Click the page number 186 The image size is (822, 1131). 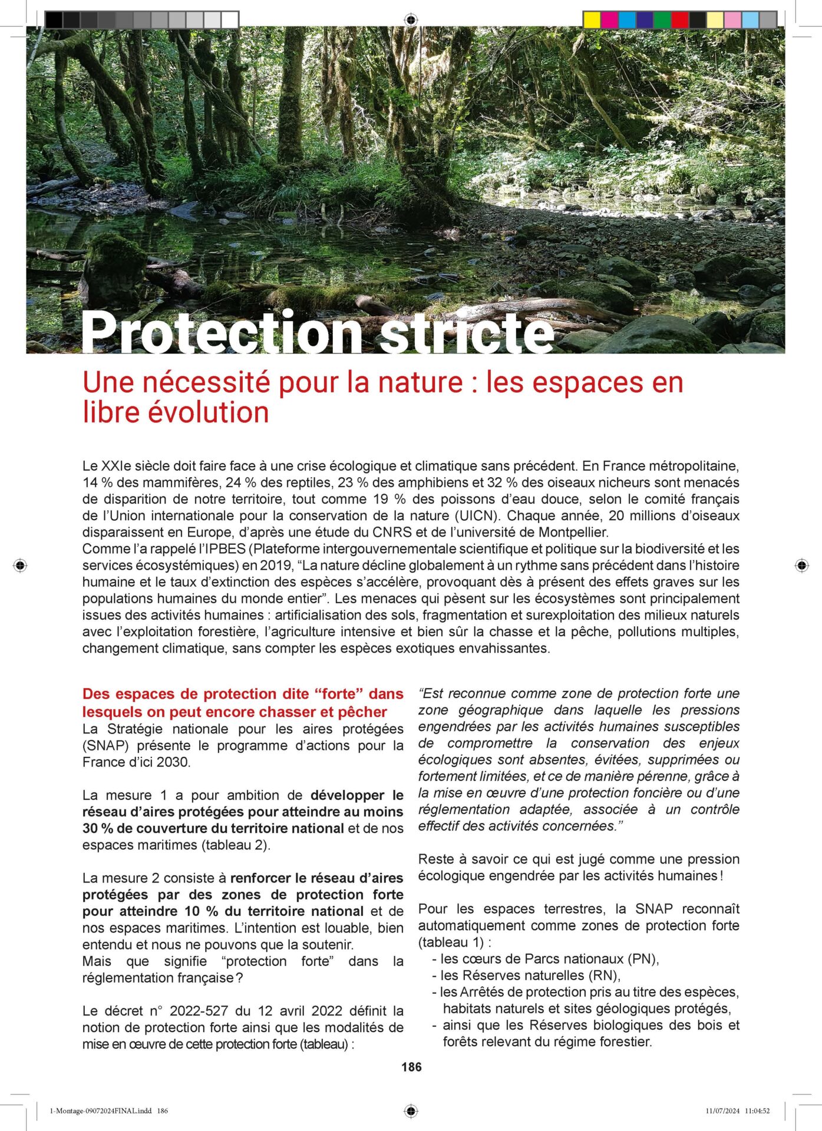pos(411,1067)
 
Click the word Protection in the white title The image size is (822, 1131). pos(221,333)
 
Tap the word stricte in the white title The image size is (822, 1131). pos(467,333)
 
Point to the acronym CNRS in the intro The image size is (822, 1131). pos(392,533)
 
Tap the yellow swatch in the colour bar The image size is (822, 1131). pos(591,20)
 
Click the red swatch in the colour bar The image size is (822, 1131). pos(679,20)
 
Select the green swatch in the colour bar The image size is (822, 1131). pos(662,20)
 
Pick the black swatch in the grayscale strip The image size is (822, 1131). pos(54,20)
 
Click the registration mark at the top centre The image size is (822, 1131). pos(411,20)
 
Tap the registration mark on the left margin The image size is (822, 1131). pos(20,565)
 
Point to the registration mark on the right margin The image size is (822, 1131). pos(801,565)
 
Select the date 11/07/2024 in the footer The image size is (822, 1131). pos(722,1111)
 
